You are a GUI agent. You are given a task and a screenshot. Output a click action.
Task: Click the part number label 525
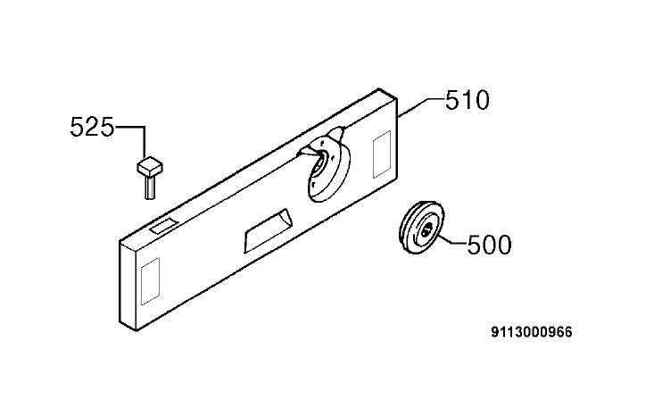pos(92,127)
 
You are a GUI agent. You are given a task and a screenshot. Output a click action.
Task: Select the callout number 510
pos(468,100)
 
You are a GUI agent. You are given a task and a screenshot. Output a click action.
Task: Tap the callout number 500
pos(489,245)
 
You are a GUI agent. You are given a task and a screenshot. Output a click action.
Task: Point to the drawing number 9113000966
pos(532,332)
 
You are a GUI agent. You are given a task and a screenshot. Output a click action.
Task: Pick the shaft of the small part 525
pos(150,187)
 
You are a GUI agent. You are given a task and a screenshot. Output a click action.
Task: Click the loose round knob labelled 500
pos(422,228)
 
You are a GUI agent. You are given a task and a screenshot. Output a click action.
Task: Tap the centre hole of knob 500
pos(426,230)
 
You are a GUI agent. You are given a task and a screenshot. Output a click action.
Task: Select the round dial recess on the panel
pos(327,168)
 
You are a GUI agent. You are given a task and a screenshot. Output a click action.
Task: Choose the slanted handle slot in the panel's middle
pos(268,230)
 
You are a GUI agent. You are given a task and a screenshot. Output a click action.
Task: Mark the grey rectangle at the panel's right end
pos(382,154)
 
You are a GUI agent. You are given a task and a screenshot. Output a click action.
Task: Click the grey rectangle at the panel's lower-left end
pos(150,281)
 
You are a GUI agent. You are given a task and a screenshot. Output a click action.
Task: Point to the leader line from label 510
pos(421,107)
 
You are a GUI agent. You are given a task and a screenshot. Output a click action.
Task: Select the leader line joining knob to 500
pos(452,241)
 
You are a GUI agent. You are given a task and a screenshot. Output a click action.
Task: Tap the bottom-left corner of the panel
pos(136,330)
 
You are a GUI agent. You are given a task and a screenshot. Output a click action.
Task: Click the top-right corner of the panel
pos(397,99)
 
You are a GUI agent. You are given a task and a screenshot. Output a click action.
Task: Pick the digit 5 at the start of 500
pos(474,245)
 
